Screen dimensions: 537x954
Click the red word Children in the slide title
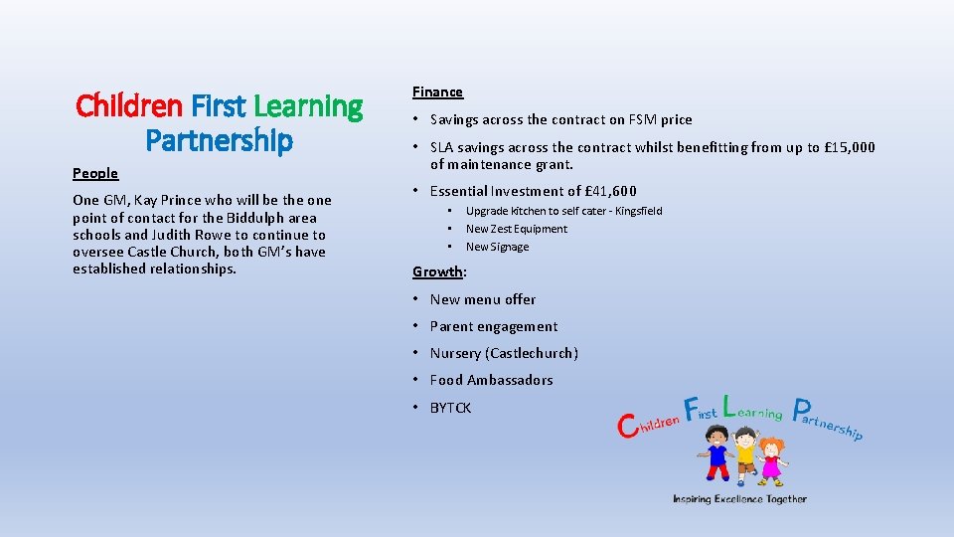click(129, 105)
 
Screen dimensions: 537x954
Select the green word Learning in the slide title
click(309, 105)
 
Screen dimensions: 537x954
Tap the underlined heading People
click(95, 173)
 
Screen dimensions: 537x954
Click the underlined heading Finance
click(437, 91)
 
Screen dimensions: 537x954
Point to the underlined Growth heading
click(437, 271)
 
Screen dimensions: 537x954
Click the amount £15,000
click(843, 147)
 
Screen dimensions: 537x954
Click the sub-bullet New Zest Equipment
click(517, 229)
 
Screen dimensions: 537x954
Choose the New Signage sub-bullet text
click(497, 247)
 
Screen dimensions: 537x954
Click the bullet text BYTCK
click(450, 408)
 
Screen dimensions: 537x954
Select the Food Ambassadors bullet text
click(491, 380)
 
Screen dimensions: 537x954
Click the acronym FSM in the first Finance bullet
click(643, 119)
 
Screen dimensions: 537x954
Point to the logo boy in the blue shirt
click(715, 453)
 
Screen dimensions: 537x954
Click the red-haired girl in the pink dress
click(770, 459)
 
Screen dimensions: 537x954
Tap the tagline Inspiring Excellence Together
click(739, 499)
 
